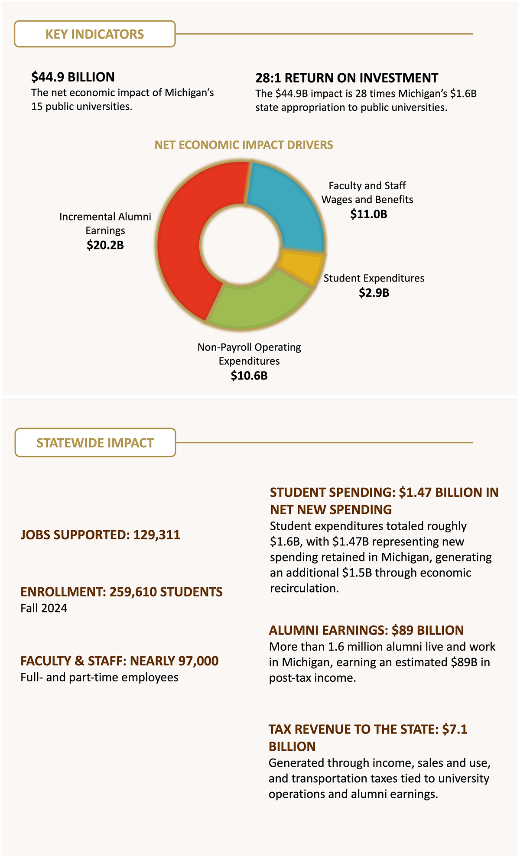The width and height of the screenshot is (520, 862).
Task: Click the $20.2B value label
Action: (x=105, y=245)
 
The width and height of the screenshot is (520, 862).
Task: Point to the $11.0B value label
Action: (x=368, y=214)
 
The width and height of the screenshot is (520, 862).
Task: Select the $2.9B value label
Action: (x=374, y=293)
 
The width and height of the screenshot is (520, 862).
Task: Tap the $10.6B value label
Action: (x=249, y=376)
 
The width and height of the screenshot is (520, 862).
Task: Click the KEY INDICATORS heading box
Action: (x=95, y=34)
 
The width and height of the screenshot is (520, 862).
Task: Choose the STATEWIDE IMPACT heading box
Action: (x=95, y=443)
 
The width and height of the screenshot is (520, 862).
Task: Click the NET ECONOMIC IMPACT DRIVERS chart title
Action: (x=244, y=145)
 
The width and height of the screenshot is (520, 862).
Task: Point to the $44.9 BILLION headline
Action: (x=73, y=77)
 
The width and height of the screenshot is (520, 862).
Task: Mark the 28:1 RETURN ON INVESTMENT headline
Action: (x=347, y=78)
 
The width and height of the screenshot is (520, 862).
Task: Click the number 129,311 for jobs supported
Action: (x=157, y=535)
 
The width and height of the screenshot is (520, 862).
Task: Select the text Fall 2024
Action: (x=44, y=608)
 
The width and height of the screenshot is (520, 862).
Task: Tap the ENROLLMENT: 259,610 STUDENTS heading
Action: (x=121, y=592)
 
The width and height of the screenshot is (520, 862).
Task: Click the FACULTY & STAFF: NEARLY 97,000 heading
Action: (x=120, y=661)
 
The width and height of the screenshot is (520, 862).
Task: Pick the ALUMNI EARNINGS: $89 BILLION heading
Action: (x=366, y=630)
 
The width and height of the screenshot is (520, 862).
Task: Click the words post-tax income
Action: (x=312, y=678)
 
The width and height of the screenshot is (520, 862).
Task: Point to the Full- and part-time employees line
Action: (x=99, y=677)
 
